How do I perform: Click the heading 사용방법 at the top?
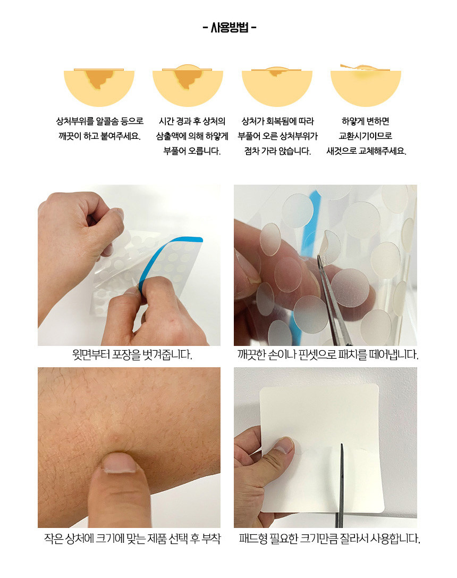tap(230, 27)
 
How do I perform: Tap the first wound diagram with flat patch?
tap(99, 87)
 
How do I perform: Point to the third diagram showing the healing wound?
tap(277, 87)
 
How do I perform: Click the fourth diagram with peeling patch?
tap(366, 86)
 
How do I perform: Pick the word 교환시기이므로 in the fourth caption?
tap(366, 136)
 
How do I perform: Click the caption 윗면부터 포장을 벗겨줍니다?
tap(132, 354)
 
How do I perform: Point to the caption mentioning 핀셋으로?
tap(327, 354)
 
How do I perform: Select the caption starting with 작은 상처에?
tap(132, 539)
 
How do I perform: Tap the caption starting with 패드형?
tap(329, 539)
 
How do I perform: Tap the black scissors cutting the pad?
tap(340, 486)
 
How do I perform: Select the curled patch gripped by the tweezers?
tap(329, 245)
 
